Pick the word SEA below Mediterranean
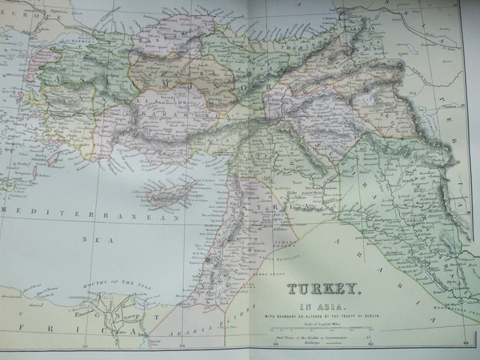[x=92, y=241]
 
